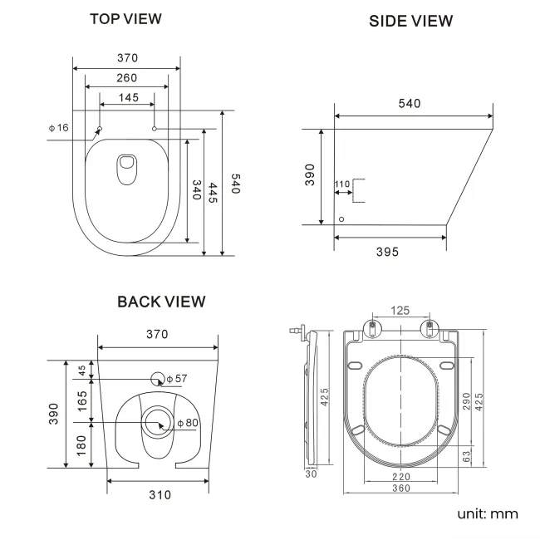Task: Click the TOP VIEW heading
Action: tap(125, 18)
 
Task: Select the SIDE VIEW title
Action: tap(411, 22)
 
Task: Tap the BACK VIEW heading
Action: tap(161, 302)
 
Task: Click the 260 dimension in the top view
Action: tap(126, 78)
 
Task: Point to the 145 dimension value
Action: tap(127, 98)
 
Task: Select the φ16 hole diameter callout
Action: tap(58, 127)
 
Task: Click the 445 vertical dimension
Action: tap(214, 195)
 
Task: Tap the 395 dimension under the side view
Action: tap(387, 252)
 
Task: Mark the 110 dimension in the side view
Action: tap(342, 184)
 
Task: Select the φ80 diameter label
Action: tap(188, 424)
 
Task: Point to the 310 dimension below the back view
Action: tap(160, 495)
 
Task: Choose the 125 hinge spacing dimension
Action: tap(400, 311)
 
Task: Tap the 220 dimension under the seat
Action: tap(400, 477)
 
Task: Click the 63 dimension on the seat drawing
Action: tap(467, 456)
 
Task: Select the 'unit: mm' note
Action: tap(487, 513)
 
